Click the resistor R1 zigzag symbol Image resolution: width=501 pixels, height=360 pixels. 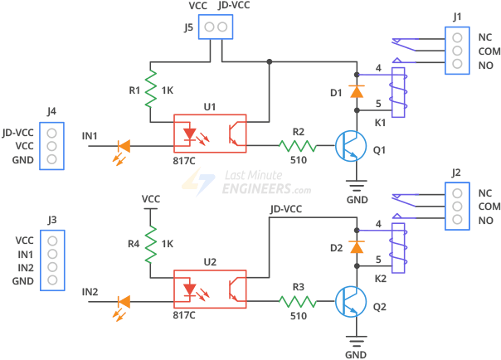click(x=151, y=90)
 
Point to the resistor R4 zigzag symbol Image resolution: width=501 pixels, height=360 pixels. click(x=151, y=244)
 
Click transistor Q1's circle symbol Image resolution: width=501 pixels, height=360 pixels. click(x=351, y=147)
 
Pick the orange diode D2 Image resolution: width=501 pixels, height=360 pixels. click(x=357, y=246)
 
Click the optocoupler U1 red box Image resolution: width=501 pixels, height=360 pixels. click(x=210, y=134)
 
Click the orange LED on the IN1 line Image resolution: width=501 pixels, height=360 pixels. click(x=124, y=147)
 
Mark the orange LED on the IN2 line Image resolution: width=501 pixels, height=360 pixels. click(x=124, y=303)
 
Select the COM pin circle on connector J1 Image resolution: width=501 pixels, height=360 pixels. click(x=456, y=51)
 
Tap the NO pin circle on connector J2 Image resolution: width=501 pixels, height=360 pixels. click(x=456, y=221)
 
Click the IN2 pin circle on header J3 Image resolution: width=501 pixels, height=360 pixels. click(x=52, y=268)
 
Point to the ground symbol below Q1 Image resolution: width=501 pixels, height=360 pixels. click(x=357, y=185)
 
